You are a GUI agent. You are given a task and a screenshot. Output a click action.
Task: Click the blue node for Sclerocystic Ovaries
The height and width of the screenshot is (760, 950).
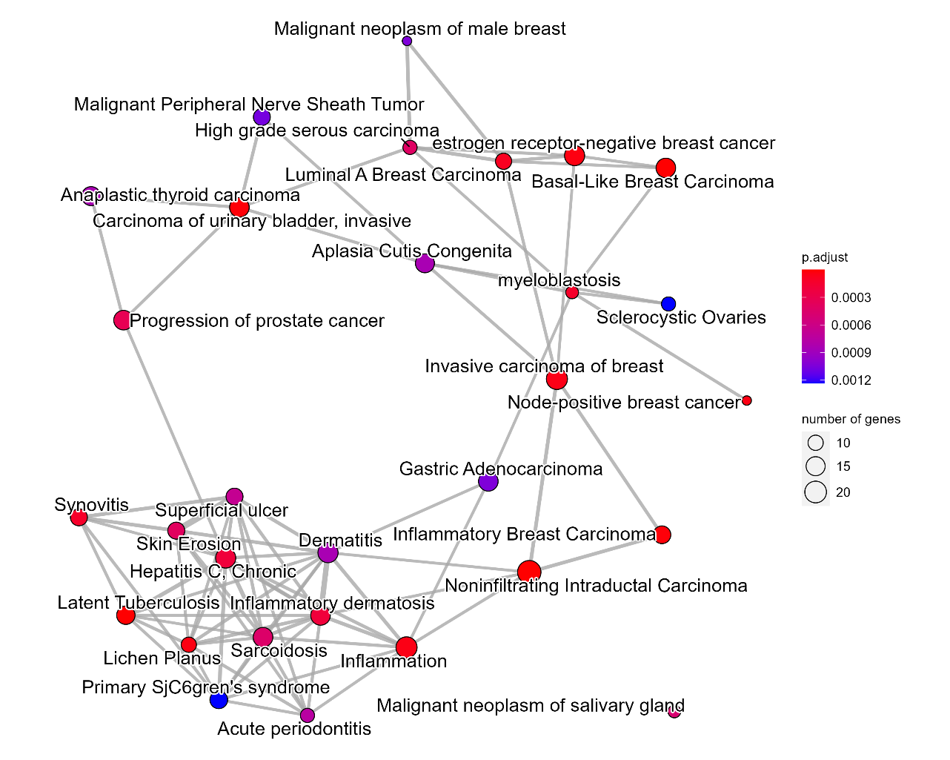(x=668, y=304)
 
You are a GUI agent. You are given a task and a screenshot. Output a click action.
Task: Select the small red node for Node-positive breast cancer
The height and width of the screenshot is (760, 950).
(x=746, y=400)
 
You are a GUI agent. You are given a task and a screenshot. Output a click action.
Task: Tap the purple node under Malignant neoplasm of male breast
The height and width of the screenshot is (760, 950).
(x=407, y=41)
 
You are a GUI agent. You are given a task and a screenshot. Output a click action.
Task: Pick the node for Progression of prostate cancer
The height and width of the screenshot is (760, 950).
(x=122, y=320)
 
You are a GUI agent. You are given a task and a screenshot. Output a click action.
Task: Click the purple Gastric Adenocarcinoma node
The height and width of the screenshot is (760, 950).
(x=488, y=481)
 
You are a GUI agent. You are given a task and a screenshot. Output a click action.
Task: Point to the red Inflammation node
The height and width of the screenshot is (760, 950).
(x=407, y=647)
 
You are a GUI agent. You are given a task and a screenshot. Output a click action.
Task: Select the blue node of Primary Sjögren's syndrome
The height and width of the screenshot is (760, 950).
(x=219, y=699)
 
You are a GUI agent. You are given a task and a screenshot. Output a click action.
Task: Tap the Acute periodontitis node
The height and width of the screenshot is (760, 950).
(x=308, y=715)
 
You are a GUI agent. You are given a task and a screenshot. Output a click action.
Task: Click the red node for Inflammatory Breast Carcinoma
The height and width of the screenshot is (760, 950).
(x=662, y=535)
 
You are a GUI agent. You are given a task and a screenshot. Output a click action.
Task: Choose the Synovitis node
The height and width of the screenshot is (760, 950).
(x=79, y=518)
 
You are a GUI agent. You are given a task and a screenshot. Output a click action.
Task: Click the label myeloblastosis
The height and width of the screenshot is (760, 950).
(x=559, y=280)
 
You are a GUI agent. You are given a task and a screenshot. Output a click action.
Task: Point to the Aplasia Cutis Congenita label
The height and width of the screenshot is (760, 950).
(x=412, y=251)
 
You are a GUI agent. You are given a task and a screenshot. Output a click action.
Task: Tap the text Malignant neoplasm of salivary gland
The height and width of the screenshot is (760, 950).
(x=531, y=705)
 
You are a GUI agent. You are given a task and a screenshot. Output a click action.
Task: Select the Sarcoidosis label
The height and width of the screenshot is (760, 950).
(x=279, y=650)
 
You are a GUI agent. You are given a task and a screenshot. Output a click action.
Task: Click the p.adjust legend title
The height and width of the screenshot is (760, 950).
(x=825, y=257)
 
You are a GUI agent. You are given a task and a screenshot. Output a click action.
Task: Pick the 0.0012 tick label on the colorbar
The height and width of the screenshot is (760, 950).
(x=851, y=380)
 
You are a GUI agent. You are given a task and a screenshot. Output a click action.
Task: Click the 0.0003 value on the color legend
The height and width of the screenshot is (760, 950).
(x=851, y=297)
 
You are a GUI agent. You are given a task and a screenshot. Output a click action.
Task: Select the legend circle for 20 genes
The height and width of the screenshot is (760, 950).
(x=815, y=492)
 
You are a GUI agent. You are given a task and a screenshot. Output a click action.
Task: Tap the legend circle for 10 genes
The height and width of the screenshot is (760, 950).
(x=815, y=443)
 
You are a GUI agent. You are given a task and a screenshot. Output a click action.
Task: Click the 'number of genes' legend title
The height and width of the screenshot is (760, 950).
(x=851, y=419)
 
